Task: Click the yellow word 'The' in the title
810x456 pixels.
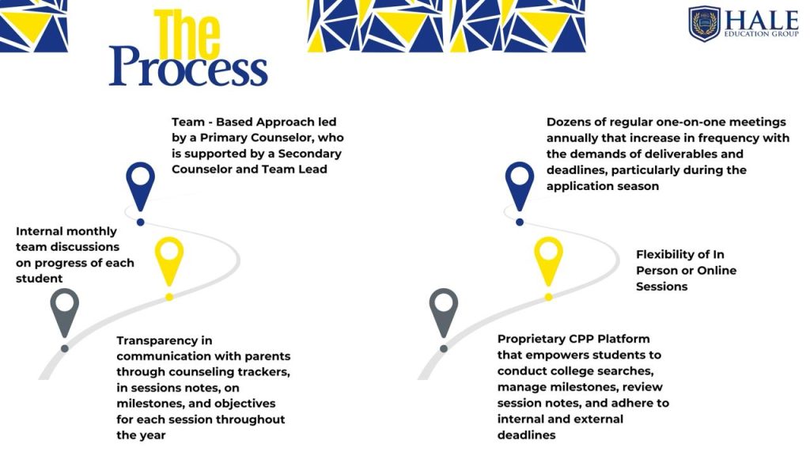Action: click(x=187, y=33)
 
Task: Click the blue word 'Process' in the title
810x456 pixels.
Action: click(x=188, y=67)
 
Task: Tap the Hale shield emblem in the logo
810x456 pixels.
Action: click(x=704, y=24)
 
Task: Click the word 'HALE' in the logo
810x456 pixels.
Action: click(x=762, y=21)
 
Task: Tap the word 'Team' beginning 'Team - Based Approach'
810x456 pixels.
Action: click(x=188, y=122)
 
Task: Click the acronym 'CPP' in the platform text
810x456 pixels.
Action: click(x=581, y=339)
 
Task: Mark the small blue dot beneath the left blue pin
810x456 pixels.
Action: click(x=141, y=222)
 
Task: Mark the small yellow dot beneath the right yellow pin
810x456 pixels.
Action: click(x=549, y=298)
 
